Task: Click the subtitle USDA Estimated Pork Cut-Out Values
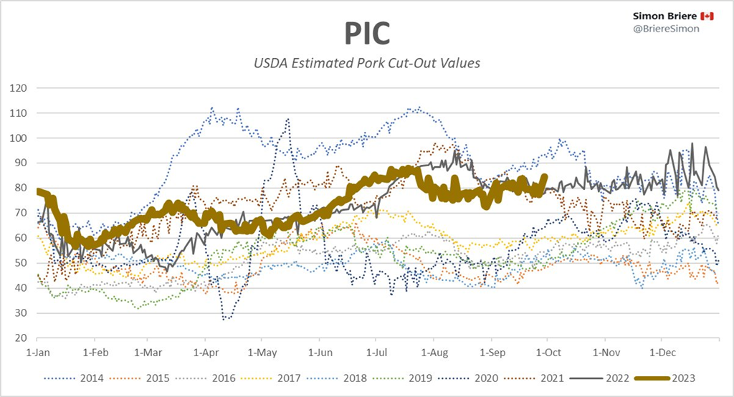pyautogui.click(x=367, y=63)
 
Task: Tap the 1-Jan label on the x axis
pyautogui.click(x=37, y=353)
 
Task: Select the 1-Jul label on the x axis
pyautogui.click(x=378, y=353)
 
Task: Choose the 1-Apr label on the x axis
pyautogui.click(x=206, y=353)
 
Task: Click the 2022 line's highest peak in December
pyautogui.click(x=692, y=144)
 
